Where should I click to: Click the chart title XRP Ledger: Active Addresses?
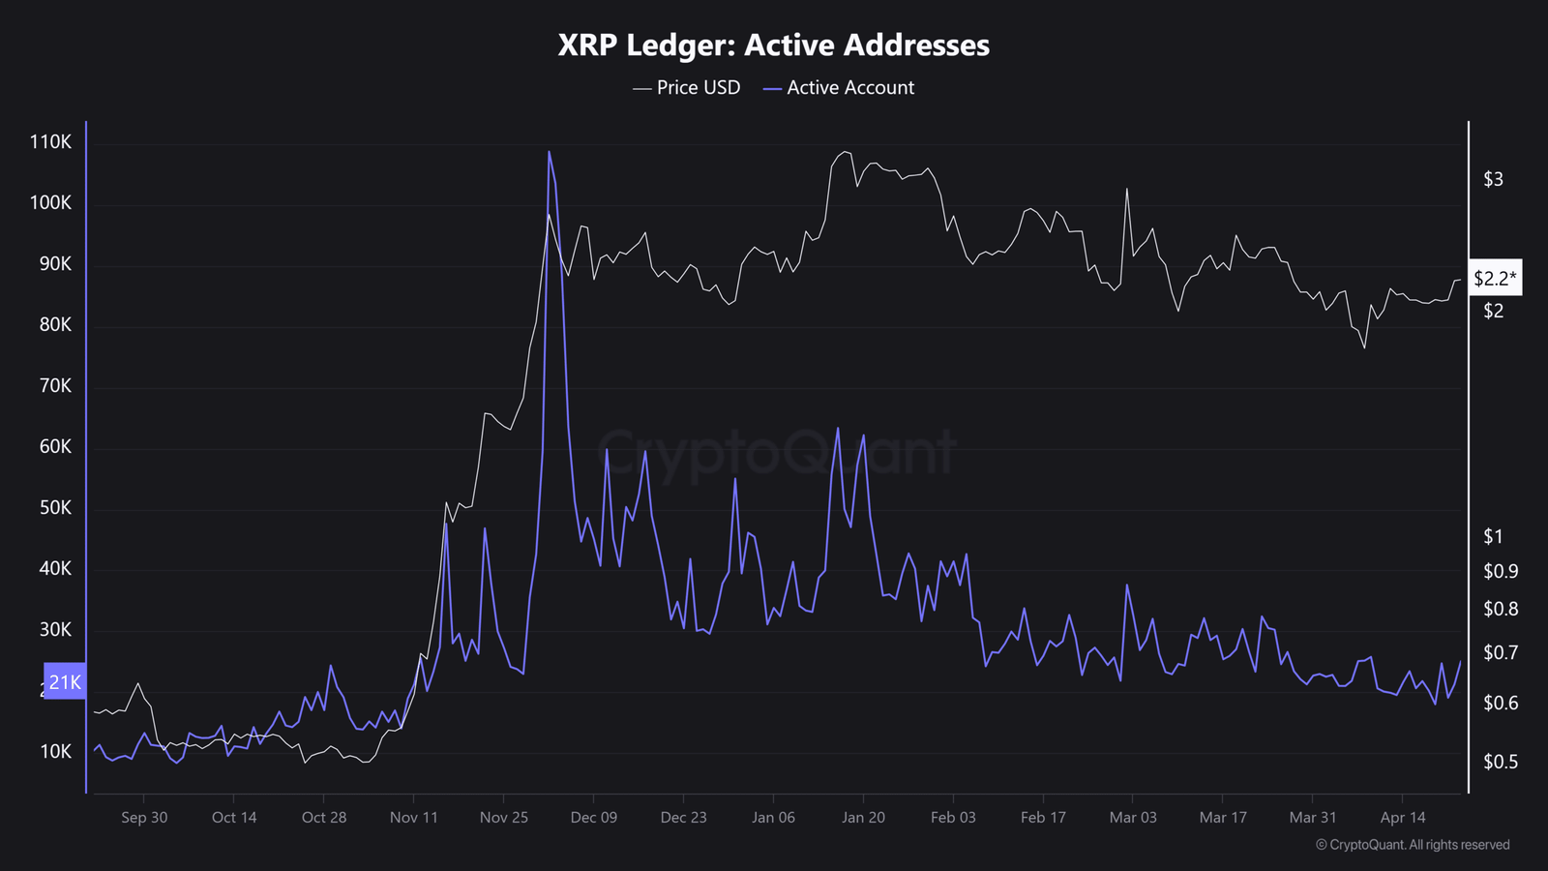click(x=774, y=45)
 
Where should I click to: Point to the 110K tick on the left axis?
click(x=51, y=142)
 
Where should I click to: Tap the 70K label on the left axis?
click(x=55, y=386)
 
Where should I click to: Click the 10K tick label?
click(x=55, y=752)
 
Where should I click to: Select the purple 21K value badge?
click(x=65, y=682)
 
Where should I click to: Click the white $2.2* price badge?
click(x=1495, y=279)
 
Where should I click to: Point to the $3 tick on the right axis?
click(x=1493, y=179)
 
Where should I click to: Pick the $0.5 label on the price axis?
click(x=1501, y=763)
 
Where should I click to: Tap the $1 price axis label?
click(x=1493, y=536)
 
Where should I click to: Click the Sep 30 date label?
click(x=144, y=818)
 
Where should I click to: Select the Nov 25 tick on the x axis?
click(x=504, y=818)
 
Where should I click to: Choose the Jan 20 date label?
click(x=863, y=818)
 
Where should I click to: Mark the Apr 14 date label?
click(x=1403, y=818)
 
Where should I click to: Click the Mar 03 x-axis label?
click(x=1133, y=818)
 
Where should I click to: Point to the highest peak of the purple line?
click(x=549, y=151)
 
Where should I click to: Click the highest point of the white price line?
click(x=846, y=152)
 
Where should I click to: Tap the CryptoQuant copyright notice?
click(x=1413, y=845)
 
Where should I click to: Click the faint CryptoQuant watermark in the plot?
click(x=779, y=452)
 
